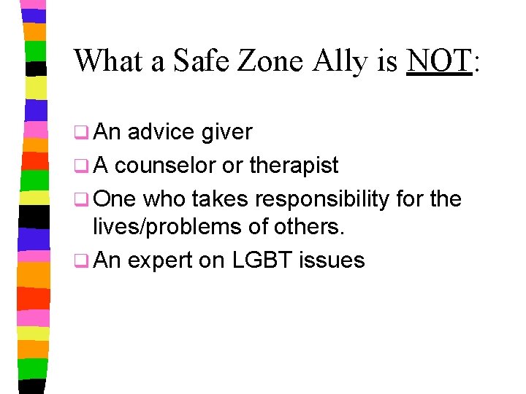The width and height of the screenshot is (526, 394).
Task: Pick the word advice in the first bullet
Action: point(161,132)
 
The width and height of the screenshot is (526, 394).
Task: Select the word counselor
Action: point(166,166)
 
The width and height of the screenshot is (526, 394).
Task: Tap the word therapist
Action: point(294,166)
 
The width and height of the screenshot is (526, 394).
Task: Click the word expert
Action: point(162,260)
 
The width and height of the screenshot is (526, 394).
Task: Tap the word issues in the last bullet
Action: point(335,259)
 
